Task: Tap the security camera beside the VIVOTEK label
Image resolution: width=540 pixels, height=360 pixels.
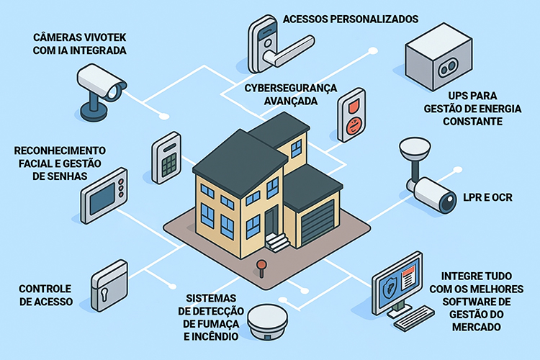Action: pyautogui.click(x=101, y=86)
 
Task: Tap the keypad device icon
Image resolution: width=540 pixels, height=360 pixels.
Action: pyautogui.click(x=166, y=157)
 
